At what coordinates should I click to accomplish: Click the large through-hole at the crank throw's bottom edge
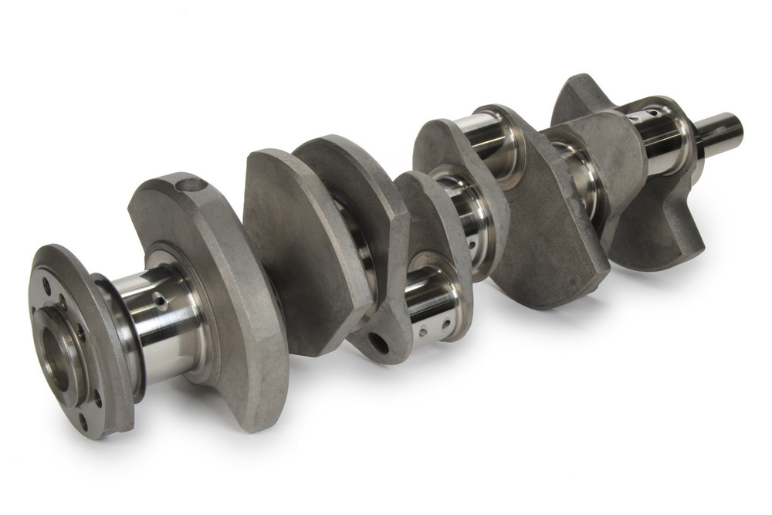coord(379,342)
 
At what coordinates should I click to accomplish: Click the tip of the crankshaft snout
coord(736,129)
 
